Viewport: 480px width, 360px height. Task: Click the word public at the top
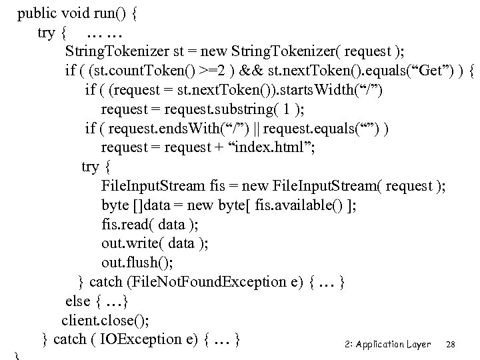[x=37, y=13]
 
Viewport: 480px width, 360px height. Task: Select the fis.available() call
[x=309, y=205]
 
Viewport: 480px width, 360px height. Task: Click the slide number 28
[x=451, y=344]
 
